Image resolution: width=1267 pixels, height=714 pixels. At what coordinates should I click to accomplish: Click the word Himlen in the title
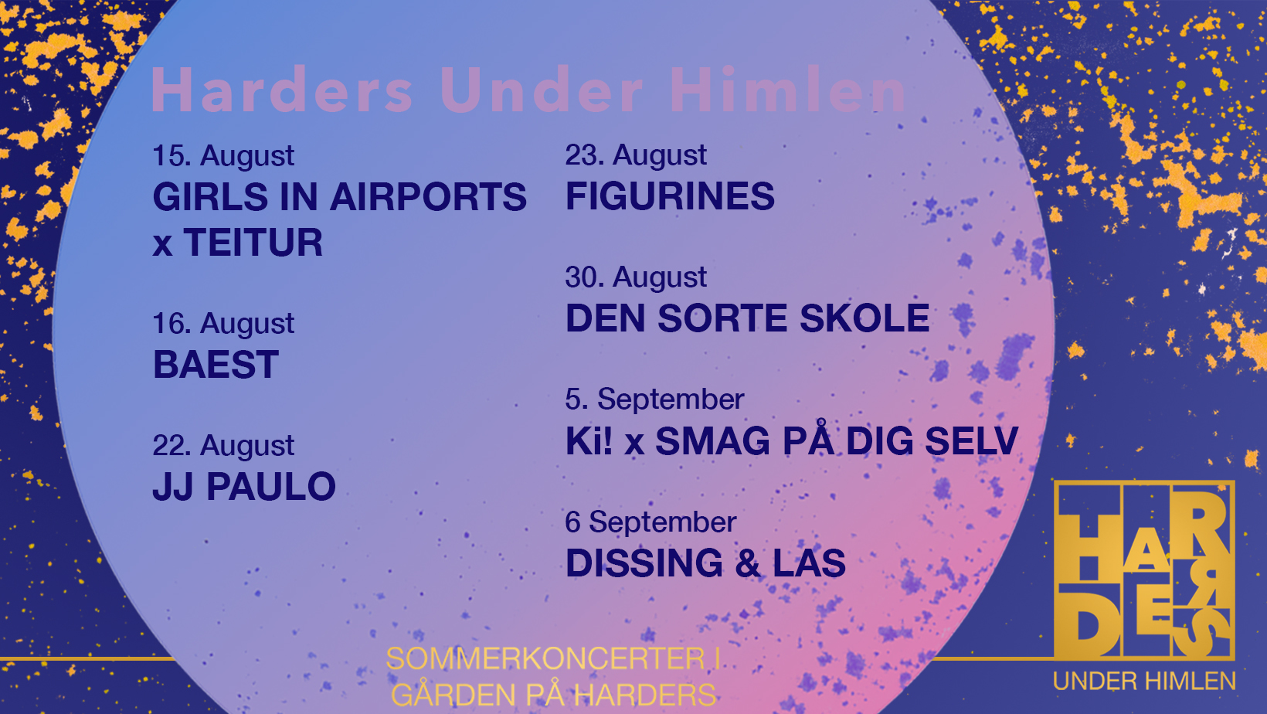click(789, 90)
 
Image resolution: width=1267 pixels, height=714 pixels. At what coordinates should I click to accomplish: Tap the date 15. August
click(223, 155)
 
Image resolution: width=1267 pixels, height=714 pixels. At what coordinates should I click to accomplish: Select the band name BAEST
click(216, 365)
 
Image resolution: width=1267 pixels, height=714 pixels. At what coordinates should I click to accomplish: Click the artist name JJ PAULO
click(244, 487)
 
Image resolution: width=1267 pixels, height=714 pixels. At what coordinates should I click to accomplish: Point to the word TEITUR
click(253, 242)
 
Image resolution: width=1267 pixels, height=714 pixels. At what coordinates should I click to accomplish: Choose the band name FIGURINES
click(671, 196)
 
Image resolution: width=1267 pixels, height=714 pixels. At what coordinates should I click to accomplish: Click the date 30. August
click(636, 277)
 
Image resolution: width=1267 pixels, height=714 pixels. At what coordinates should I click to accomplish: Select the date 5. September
click(654, 399)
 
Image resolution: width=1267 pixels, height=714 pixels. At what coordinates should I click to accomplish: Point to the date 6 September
click(650, 522)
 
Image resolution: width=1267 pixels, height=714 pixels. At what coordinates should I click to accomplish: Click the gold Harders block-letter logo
click(1143, 569)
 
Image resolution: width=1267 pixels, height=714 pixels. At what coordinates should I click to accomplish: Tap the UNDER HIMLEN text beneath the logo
click(1144, 682)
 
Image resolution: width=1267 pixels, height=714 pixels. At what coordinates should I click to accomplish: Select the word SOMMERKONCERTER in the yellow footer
click(545, 658)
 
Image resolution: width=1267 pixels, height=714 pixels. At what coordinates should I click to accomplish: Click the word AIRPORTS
click(428, 196)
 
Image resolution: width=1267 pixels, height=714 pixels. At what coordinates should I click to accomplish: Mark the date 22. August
click(223, 446)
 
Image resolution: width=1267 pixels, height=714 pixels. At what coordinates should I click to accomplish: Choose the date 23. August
click(636, 155)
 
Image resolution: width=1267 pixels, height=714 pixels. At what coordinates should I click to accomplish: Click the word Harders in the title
click(282, 90)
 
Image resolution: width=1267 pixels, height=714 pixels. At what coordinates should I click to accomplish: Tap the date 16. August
click(223, 324)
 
